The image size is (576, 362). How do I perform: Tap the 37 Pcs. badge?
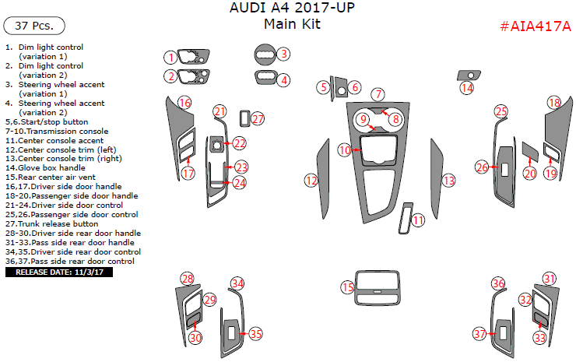[x=33, y=26]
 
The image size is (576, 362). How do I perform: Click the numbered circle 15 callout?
[x=347, y=288]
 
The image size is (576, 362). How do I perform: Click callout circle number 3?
[x=284, y=54]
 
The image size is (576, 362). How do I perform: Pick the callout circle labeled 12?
[x=311, y=181]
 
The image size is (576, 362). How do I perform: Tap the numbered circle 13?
[x=448, y=181]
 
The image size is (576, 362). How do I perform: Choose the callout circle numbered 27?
[x=258, y=119]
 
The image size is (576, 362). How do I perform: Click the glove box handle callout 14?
[x=466, y=88]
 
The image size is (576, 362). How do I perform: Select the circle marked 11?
[x=419, y=220]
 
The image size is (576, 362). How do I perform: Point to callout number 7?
[x=378, y=94]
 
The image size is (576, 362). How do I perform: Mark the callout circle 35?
[x=255, y=333]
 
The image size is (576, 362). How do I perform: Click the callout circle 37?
[x=480, y=334]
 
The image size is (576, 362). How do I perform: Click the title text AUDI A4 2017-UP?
[x=290, y=9]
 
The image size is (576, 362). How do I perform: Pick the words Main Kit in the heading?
[x=291, y=24]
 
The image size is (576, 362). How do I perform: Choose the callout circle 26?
[x=482, y=167]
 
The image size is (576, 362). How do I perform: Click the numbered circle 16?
[x=184, y=103]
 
